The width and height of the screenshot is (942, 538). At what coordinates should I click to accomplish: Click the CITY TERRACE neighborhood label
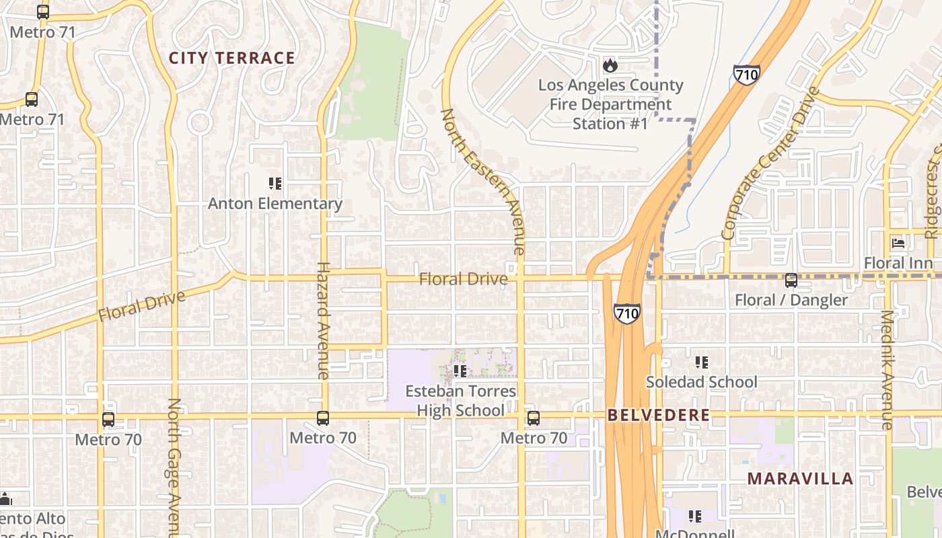point(231,59)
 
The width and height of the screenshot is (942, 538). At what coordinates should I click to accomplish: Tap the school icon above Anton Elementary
point(275,184)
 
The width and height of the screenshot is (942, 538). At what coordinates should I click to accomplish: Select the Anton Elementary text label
point(275,203)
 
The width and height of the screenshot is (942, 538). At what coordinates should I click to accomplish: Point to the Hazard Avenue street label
point(323,320)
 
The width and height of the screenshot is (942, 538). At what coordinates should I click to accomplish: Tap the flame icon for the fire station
point(610,65)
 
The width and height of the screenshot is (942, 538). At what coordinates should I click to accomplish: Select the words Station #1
point(610,124)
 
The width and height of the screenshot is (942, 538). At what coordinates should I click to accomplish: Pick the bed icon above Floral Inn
point(898,243)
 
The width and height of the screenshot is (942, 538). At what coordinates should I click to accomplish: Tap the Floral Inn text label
point(898,263)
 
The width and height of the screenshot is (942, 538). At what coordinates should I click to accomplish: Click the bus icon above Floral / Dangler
point(791,280)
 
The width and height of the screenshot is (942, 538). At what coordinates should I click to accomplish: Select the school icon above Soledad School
point(702,362)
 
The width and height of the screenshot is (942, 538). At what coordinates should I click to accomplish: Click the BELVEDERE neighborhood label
point(658,416)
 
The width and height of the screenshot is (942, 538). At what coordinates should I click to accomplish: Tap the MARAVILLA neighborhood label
point(800,479)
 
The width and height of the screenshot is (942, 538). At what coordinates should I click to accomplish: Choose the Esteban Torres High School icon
point(460,371)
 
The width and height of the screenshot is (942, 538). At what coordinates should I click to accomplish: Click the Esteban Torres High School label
point(461,401)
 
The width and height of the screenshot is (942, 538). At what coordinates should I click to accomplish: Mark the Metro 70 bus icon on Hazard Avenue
point(323,418)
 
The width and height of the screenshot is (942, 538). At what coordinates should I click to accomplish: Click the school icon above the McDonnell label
point(695,516)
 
